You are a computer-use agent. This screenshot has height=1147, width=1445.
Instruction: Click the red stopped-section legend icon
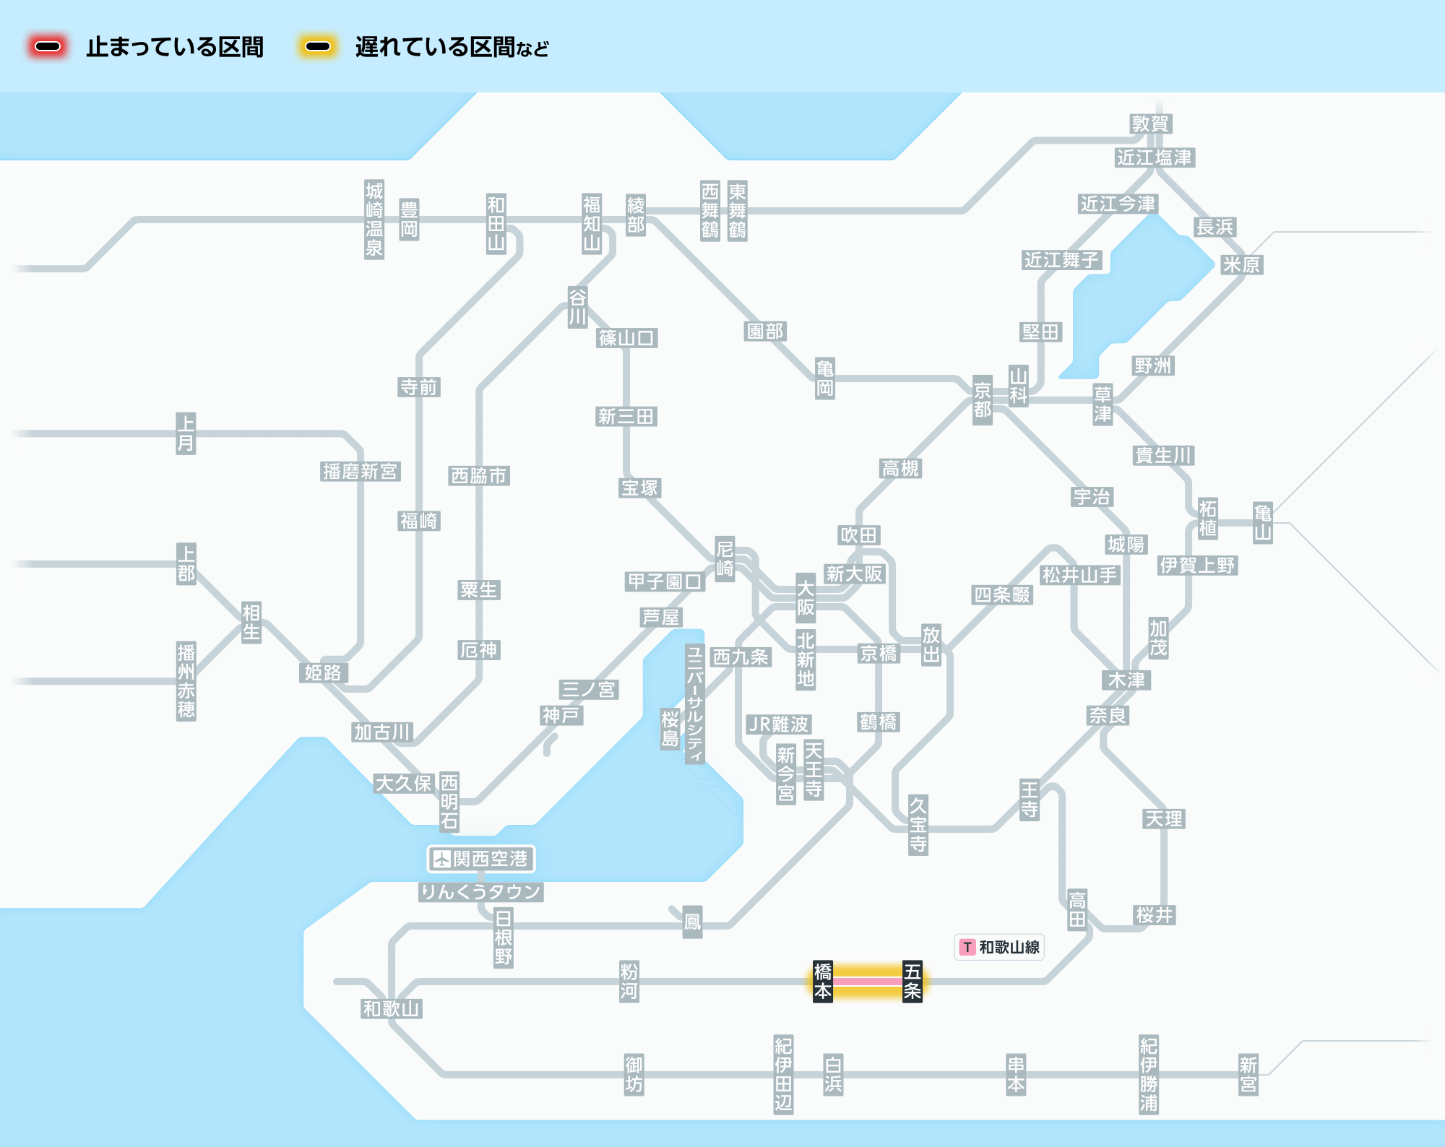48,47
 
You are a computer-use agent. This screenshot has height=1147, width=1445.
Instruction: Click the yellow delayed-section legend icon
317,47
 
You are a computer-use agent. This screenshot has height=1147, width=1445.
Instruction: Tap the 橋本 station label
823,982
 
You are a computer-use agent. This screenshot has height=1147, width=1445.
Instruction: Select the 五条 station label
913,982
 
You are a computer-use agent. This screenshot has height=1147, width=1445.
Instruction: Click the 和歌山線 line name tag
999,947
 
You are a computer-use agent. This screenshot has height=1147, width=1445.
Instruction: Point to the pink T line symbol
967,947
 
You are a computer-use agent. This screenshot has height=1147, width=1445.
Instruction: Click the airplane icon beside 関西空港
441,859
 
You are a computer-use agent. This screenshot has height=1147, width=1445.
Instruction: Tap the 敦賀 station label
1150,124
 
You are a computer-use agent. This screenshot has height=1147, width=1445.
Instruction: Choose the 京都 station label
983,400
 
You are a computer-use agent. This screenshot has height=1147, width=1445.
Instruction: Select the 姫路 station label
323,673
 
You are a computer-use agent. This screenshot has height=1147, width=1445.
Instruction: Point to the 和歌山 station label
391,1009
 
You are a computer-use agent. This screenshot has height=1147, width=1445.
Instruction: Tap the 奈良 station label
1108,716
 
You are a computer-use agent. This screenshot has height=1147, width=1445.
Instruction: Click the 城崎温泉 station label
374,220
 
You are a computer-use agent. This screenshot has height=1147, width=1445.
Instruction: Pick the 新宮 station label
1248,1075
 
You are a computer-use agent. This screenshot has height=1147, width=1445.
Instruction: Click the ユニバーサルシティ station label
695,704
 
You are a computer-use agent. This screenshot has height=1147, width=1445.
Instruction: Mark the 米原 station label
1241,265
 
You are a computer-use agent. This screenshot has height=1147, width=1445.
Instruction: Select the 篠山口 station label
627,338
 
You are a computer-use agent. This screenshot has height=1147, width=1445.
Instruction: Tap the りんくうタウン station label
481,892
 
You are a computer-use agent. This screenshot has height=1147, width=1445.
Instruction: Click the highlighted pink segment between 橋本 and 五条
868,982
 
